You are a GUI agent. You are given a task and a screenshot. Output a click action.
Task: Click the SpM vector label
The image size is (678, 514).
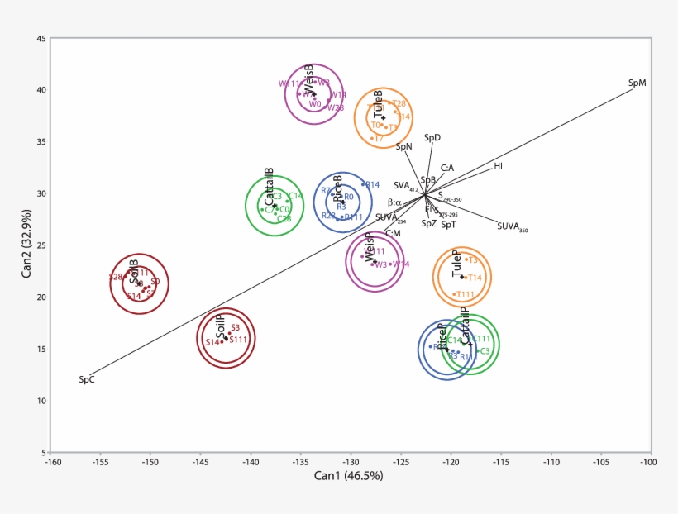click(x=637, y=83)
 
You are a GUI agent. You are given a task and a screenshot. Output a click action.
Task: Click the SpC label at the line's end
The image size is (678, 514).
click(x=87, y=380)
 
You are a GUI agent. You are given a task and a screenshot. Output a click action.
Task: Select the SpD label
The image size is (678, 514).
click(x=432, y=137)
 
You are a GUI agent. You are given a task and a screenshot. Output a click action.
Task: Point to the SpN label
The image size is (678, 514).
click(x=403, y=147)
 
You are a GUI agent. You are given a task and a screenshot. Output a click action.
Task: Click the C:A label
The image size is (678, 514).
click(x=446, y=168)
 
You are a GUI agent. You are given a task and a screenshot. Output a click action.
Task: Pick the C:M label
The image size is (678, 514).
click(x=393, y=234)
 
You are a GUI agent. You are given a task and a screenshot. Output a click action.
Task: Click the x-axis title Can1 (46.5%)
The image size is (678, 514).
click(x=348, y=476)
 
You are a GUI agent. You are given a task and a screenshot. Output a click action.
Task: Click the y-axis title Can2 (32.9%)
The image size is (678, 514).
click(x=27, y=245)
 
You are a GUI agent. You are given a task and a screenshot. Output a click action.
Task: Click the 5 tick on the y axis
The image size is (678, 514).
click(x=43, y=453)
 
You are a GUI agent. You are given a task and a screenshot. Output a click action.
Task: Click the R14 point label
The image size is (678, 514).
click(x=372, y=185)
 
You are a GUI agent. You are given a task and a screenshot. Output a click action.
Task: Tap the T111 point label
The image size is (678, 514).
click(x=466, y=294)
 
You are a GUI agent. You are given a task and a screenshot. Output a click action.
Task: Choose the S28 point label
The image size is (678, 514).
click(x=116, y=277)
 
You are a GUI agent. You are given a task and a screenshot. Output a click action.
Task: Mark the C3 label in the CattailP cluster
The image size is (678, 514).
click(x=485, y=351)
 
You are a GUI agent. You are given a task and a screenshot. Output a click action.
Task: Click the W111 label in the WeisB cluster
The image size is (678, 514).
click(x=289, y=83)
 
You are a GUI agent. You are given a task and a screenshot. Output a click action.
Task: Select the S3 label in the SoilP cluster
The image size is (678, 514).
click(x=235, y=328)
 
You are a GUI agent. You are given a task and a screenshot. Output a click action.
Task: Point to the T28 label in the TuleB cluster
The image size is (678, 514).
click(x=399, y=104)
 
